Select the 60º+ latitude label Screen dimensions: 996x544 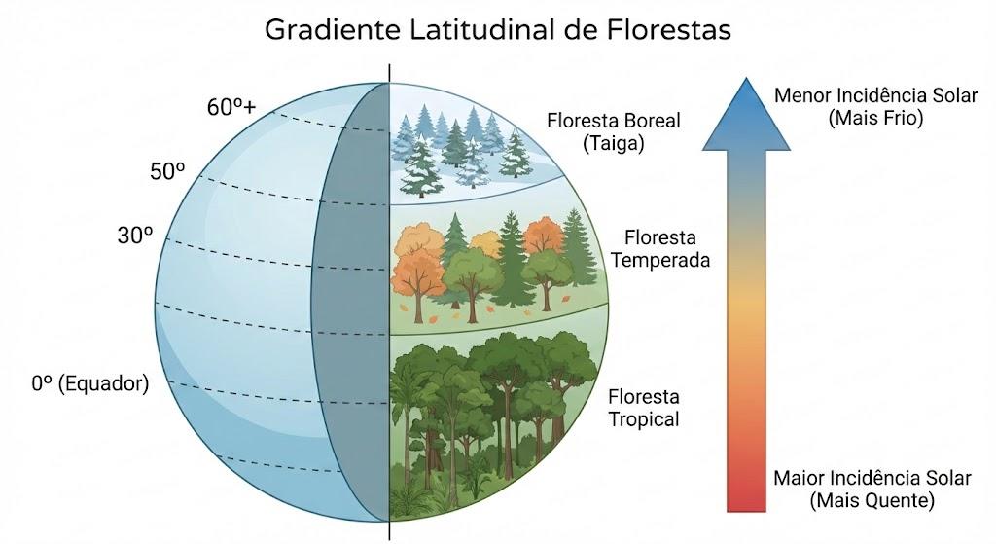point(231,107)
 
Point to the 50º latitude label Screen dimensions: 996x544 point(167,171)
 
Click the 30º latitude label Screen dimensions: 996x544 point(135,236)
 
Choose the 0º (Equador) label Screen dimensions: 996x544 point(90,383)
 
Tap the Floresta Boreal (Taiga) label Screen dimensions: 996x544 point(614,132)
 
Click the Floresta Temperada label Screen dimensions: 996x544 point(660,248)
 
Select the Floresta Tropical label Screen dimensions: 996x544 point(644,408)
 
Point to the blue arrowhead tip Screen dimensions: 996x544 point(746,78)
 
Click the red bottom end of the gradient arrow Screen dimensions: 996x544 point(746,509)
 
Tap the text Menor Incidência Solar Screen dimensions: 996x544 point(876,96)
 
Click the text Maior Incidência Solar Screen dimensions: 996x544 point(872,478)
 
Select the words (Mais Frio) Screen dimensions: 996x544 point(876,118)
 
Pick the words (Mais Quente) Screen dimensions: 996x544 point(872,501)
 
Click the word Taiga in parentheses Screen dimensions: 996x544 point(614,144)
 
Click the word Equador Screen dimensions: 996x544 point(103,384)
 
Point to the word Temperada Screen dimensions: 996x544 point(660,261)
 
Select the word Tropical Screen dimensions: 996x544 point(644,419)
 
